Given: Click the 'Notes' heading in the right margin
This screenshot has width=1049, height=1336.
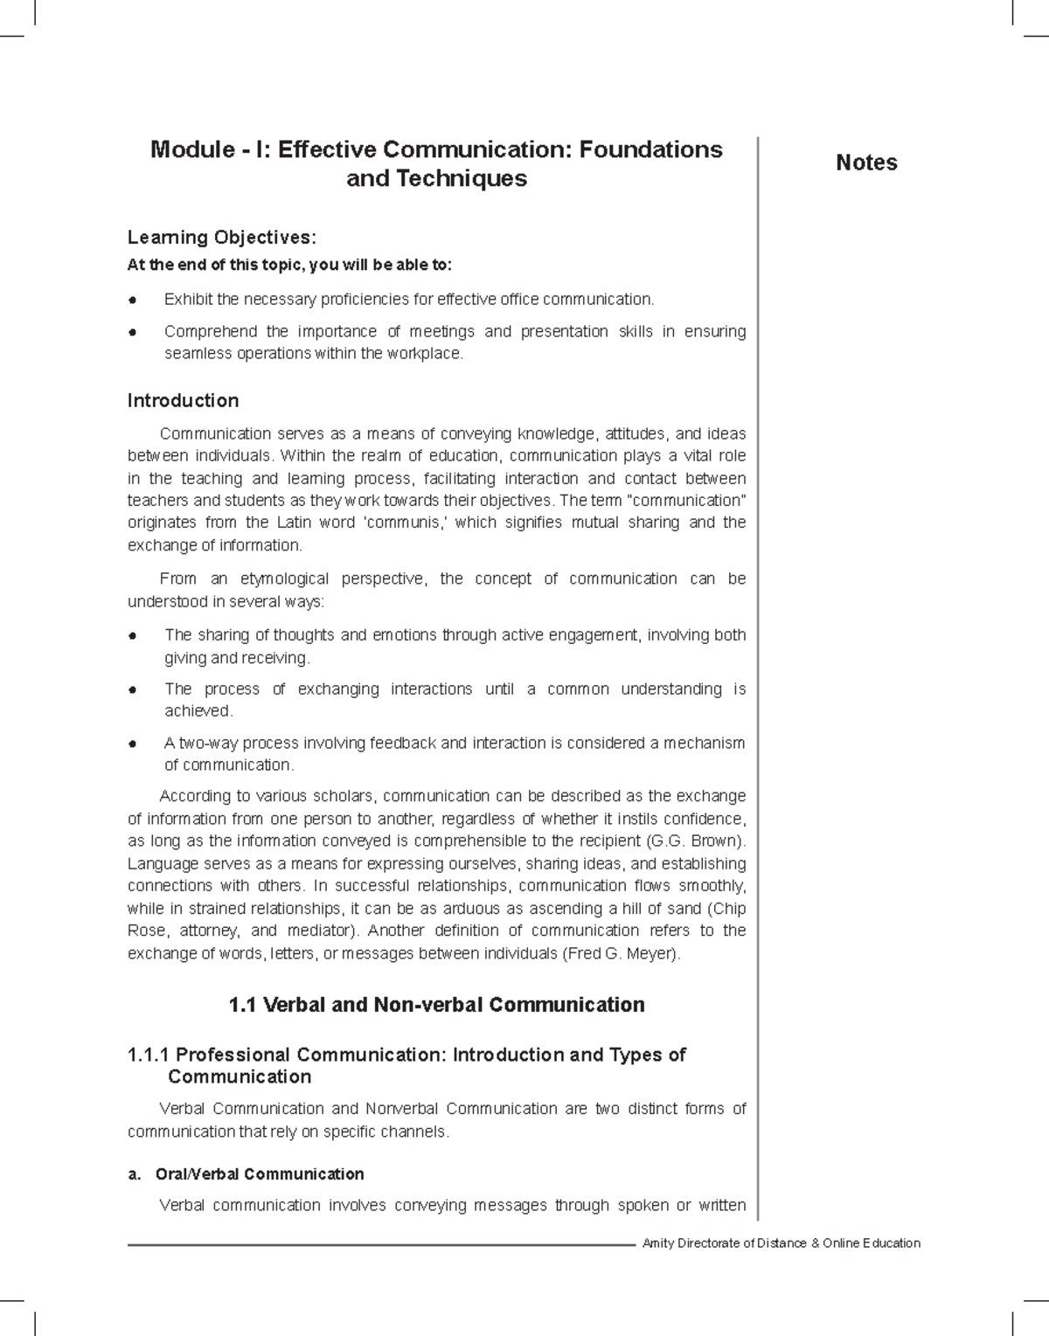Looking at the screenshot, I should [x=866, y=163].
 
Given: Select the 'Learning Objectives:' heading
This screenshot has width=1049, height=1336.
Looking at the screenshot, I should [x=222, y=238].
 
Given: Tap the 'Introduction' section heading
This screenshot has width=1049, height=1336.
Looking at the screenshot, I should [x=183, y=401].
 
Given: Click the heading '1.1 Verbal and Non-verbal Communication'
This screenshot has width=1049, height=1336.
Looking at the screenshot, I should [x=436, y=1005].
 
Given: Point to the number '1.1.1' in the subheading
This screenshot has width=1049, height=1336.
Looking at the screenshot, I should [x=149, y=1055].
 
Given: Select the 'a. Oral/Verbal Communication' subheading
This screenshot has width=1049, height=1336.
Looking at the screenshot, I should [x=246, y=1173].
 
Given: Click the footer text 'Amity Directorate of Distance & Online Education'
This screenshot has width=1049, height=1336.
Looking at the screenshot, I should [x=781, y=1243].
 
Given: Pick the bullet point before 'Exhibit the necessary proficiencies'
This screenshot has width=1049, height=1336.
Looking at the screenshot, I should [x=133, y=301].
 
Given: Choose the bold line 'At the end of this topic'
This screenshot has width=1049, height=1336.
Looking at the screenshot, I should [x=290, y=265].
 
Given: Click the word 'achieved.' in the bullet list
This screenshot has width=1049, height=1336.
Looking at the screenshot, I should [x=198, y=711].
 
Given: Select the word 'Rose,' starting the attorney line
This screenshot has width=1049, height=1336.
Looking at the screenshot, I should [x=146, y=931].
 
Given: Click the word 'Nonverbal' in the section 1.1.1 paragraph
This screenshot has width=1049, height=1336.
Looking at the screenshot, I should [x=401, y=1108].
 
